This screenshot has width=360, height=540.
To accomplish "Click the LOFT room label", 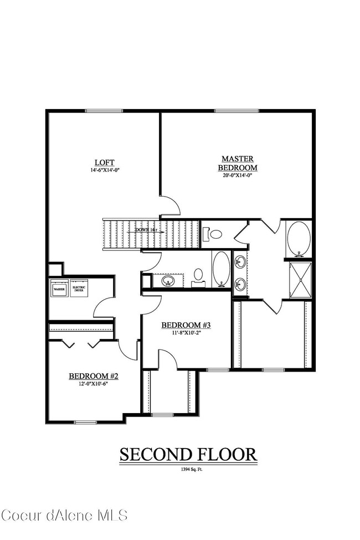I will pyautogui.click(x=104, y=162).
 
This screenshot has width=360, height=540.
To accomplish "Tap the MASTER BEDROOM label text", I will pyautogui.click(x=238, y=163).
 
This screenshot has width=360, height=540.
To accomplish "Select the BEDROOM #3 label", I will pyautogui.click(x=186, y=325).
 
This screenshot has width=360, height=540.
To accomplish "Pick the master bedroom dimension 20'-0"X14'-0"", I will pyautogui.click(x=238, y=175).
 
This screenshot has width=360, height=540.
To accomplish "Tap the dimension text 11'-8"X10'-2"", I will pyautogui.click(x=186, y=333).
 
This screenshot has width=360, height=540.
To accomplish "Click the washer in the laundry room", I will pyautogui.click(x=59, y=289).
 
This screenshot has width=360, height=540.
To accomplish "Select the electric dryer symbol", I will pyautogui.click(x=78, y=289).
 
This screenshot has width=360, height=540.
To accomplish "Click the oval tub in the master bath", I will pyautogui.click(x=299, y=239).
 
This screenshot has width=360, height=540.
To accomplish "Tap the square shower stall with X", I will pyautogui.click(x=300, y=280).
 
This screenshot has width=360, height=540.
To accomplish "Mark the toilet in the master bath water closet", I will pyautogui.click(x=214, y=234).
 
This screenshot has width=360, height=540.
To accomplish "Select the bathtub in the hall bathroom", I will pyautogui.click(x=220, y=269).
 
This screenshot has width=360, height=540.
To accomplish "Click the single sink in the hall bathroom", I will pyautogui.click(x=167, y=281).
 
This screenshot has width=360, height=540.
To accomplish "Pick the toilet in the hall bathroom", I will pyautogui.click(x=198, y=276).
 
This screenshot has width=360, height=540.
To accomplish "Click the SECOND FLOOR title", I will pyautogui.click(x=188, y=455).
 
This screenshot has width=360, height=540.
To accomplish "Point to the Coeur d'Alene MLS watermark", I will pyautogui.click(x=64, y=515).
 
